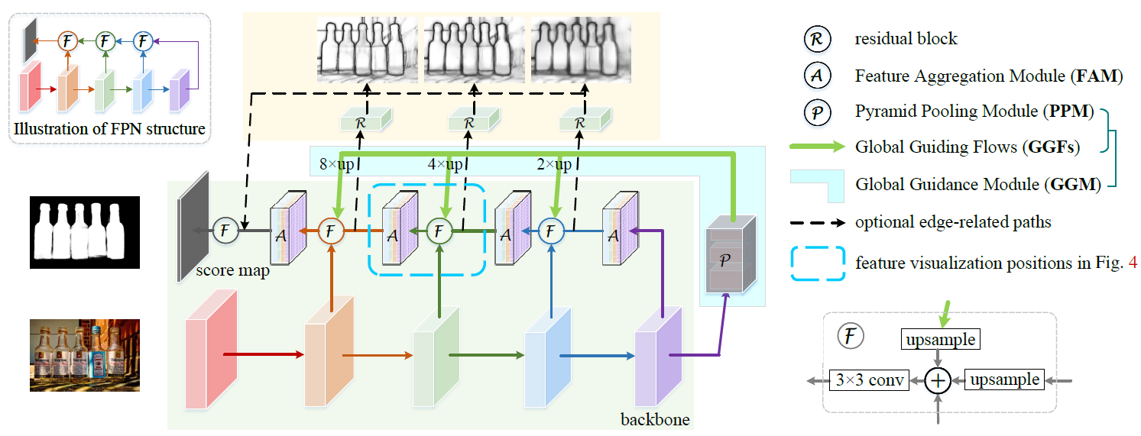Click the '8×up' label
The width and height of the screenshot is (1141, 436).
coord(335,165)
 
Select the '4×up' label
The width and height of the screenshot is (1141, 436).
coord(445,165)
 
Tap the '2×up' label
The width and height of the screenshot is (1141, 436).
coord(554,165)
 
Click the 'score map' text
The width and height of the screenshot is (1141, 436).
coord(232,270)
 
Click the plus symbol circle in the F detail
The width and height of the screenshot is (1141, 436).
coord(938,380)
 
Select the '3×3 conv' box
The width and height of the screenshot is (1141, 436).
coord(869,380)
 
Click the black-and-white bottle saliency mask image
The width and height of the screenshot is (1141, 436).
coord(86,231)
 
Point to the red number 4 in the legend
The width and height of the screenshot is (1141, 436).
coord(1133,263)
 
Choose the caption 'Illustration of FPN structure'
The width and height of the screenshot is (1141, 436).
coord(109,129)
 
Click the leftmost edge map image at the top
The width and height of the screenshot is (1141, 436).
coord(365,50)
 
